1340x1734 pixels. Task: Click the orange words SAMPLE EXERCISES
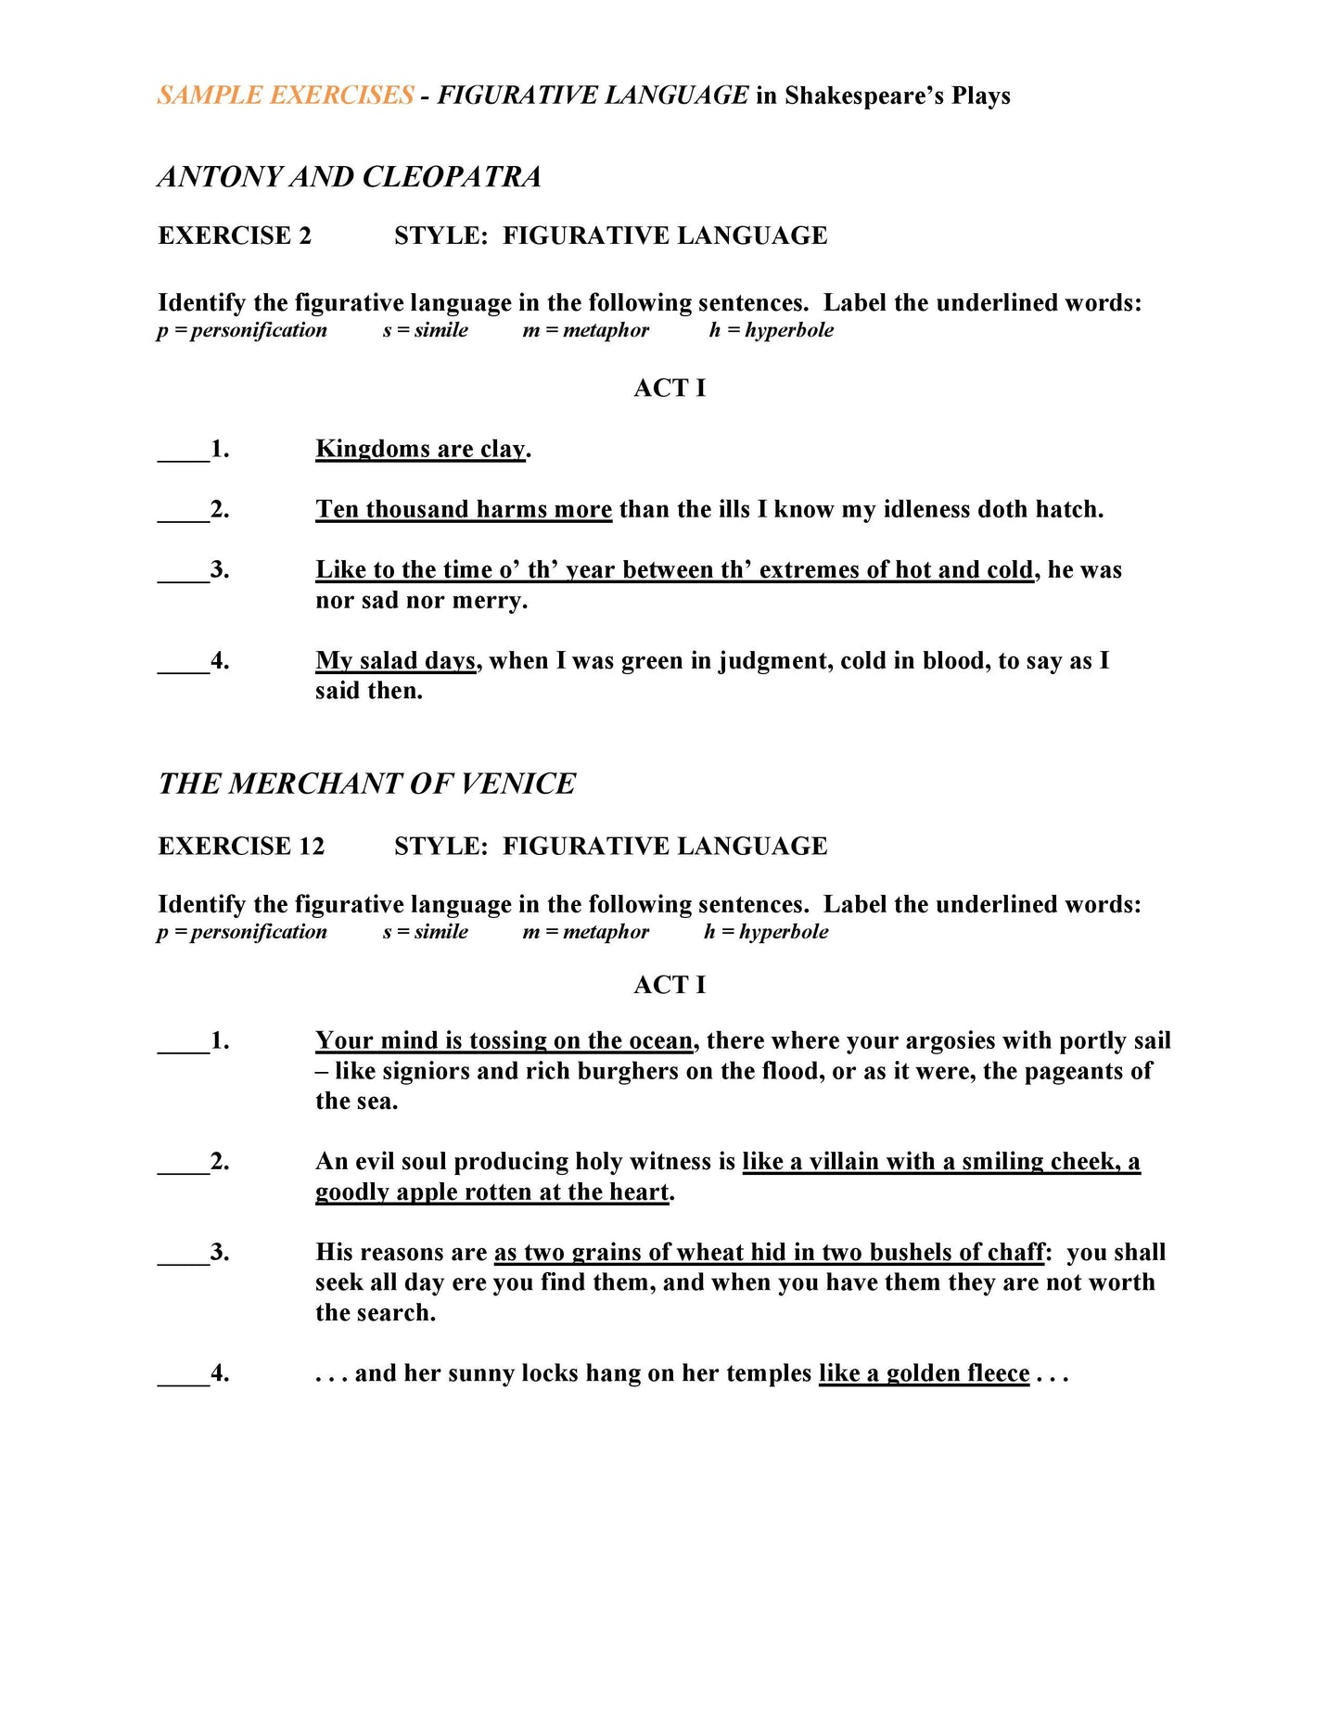tap(286, 96)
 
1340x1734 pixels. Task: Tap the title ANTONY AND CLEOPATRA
tap(350, 176)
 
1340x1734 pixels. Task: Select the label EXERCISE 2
tap(235, 236)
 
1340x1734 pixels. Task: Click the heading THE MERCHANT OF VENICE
tap(366, 784)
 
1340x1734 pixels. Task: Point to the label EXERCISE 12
tap(241, 846)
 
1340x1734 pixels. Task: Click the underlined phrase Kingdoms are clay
tap(420, 449)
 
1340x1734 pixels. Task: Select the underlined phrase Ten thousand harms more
tap(463, 509)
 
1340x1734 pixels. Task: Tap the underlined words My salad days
tap(395, 660)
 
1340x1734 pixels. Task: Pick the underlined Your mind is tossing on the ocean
tap(504, 1040)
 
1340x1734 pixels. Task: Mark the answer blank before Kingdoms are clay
tap(184, 451)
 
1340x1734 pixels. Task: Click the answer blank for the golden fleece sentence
tap(184, 1374)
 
